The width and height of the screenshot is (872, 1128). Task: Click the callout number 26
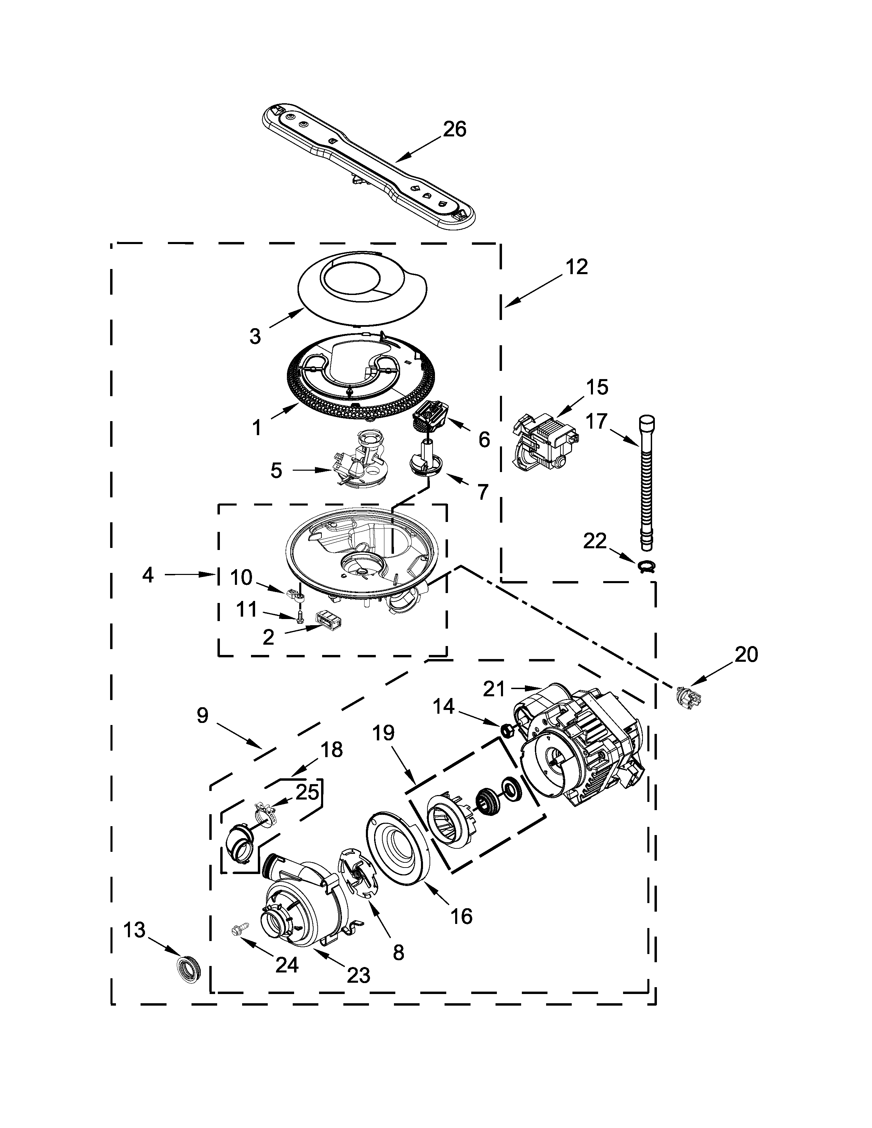(454, 129)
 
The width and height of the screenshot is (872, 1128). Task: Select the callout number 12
(576, 267)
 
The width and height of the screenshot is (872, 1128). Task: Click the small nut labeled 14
(507, 730)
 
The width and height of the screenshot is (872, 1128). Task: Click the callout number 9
(202, 715)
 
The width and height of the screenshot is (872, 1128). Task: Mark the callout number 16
(461, 916)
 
